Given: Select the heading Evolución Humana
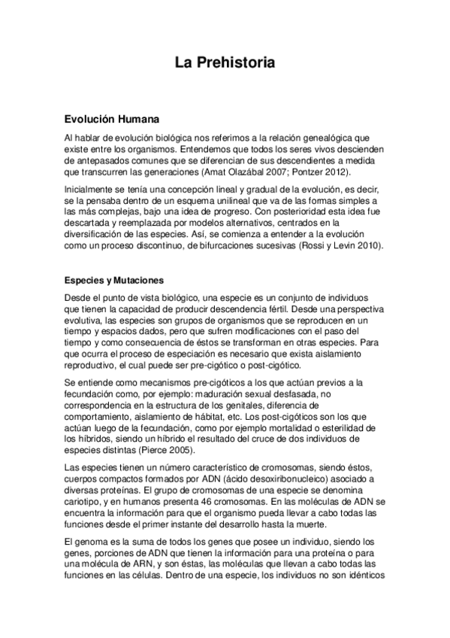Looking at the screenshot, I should click(110, 118).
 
